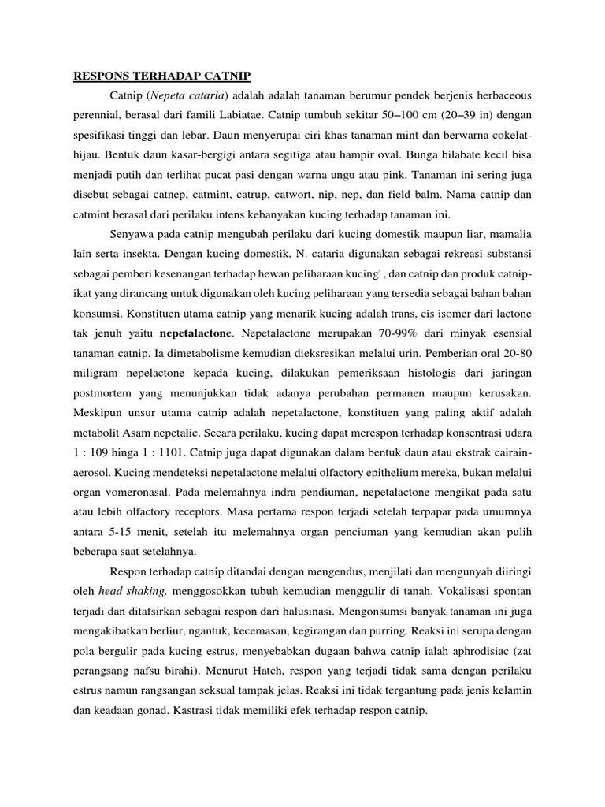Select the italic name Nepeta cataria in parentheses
[x=187, y=96]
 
